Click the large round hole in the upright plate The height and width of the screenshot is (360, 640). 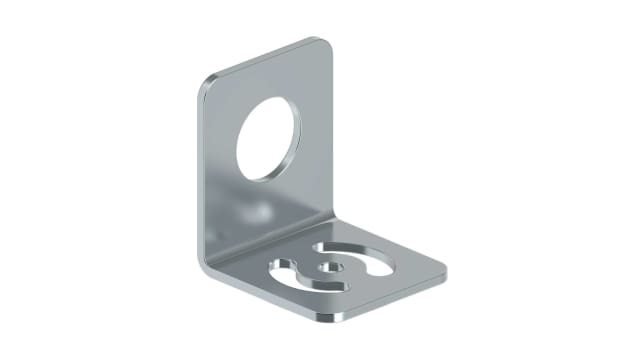[x=267, y=139]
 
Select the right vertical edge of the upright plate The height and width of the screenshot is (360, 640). [x=331, y=130]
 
